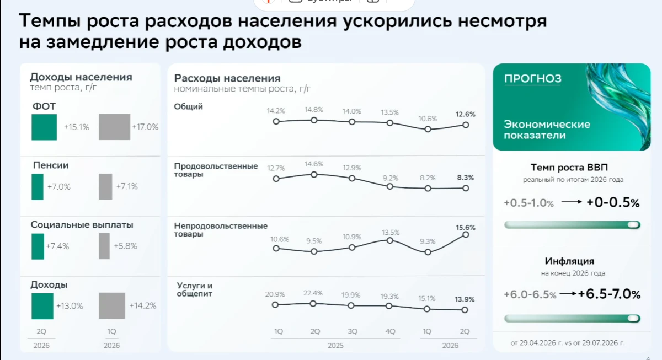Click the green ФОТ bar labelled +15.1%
[44, 127]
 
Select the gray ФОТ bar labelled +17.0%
[114, 127]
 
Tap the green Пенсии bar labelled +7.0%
[38, 187]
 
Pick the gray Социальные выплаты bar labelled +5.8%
[104, 246]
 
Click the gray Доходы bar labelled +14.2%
[112, 305]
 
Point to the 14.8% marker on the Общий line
[314, 120]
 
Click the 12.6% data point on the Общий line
[466, 125]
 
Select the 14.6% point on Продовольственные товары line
[314, 175]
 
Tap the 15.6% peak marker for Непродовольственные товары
[466, 234]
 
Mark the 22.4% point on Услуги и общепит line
[313, 304]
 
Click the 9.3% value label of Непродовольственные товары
[428, 241]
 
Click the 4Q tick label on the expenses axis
[390, 331]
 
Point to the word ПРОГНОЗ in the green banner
[532, 78]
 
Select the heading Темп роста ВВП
[569, 168]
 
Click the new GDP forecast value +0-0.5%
[613, 202]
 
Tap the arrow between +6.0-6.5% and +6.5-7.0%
[568, 293]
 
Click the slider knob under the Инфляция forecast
[633, 318]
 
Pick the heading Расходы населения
[227, 78]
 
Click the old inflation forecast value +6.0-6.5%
[530, 294]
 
